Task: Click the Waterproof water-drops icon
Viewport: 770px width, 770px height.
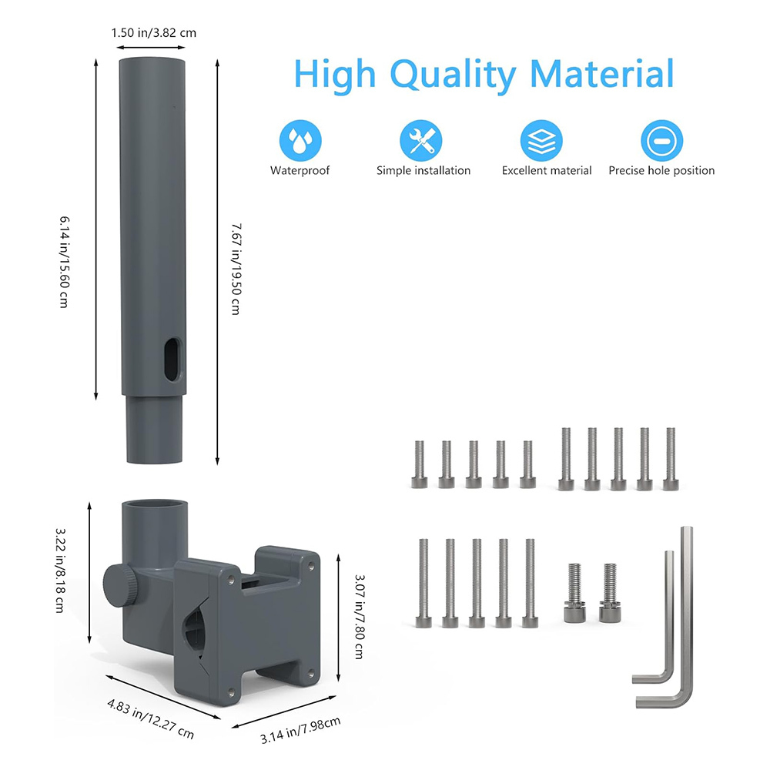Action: (x=300, y=140)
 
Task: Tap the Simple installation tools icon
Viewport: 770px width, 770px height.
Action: (x=421, y=140)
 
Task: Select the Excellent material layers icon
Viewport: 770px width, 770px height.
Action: (x=541, y=140)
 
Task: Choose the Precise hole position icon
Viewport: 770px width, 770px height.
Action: (x=661, y=140)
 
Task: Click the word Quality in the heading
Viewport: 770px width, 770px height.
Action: (x=453, y=75)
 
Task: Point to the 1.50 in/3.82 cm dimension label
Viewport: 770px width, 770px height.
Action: (x=154, y=33)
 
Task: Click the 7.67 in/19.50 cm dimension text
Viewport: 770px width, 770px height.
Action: (x=236, y=269)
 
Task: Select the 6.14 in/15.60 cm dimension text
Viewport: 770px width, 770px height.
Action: (x=65, y=262)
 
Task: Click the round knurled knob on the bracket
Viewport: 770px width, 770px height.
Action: (x=119, y=586)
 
